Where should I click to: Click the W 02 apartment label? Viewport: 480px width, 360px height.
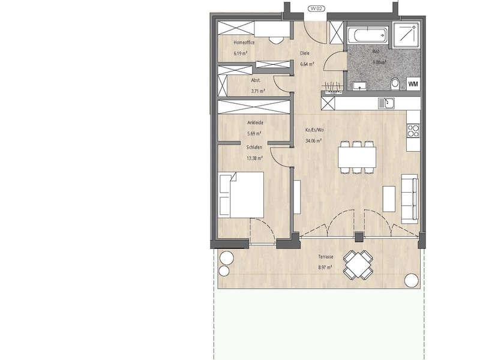[316, 8]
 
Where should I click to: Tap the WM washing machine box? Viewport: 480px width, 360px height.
[413, 84]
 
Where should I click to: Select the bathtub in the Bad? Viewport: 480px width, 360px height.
[367, 35]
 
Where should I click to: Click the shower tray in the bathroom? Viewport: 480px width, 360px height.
[406, 35]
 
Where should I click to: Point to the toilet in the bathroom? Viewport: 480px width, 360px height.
[395, 84]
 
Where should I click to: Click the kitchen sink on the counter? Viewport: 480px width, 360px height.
[386, 103]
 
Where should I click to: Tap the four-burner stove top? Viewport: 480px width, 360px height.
[413, 131]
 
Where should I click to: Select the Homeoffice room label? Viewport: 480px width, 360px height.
[244, 43]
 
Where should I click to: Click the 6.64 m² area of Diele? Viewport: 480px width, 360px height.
[307, 64]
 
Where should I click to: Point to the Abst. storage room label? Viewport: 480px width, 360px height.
[256, 80]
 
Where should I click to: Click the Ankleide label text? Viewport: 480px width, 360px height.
[256, 122]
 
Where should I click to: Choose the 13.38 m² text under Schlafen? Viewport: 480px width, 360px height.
[254, 158]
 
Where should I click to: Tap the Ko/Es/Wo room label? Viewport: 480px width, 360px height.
[314, 130]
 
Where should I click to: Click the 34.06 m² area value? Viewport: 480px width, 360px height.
[313, 141]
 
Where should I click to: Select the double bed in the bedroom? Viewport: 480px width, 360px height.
[242, 195]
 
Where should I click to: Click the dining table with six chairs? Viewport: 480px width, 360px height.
[357, 157]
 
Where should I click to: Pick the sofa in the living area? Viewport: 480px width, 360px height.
[410, 199]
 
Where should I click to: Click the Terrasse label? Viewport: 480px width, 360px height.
[325, 257]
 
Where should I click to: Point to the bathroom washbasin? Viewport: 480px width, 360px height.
[359, 86]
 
